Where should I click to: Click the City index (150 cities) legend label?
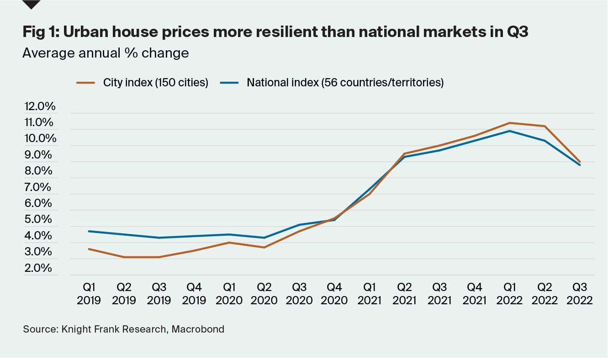tap(156, 83)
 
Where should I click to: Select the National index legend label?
tap(345, 83)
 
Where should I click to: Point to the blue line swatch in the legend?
tap(229, 83)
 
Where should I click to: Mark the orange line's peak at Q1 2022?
tap(510, 122)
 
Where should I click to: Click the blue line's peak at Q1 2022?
tap(510, 131)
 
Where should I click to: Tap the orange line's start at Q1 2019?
tap(89, 249)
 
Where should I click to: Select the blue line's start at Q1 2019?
tap(89, 231)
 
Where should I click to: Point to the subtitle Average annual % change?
tap(106, 53)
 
